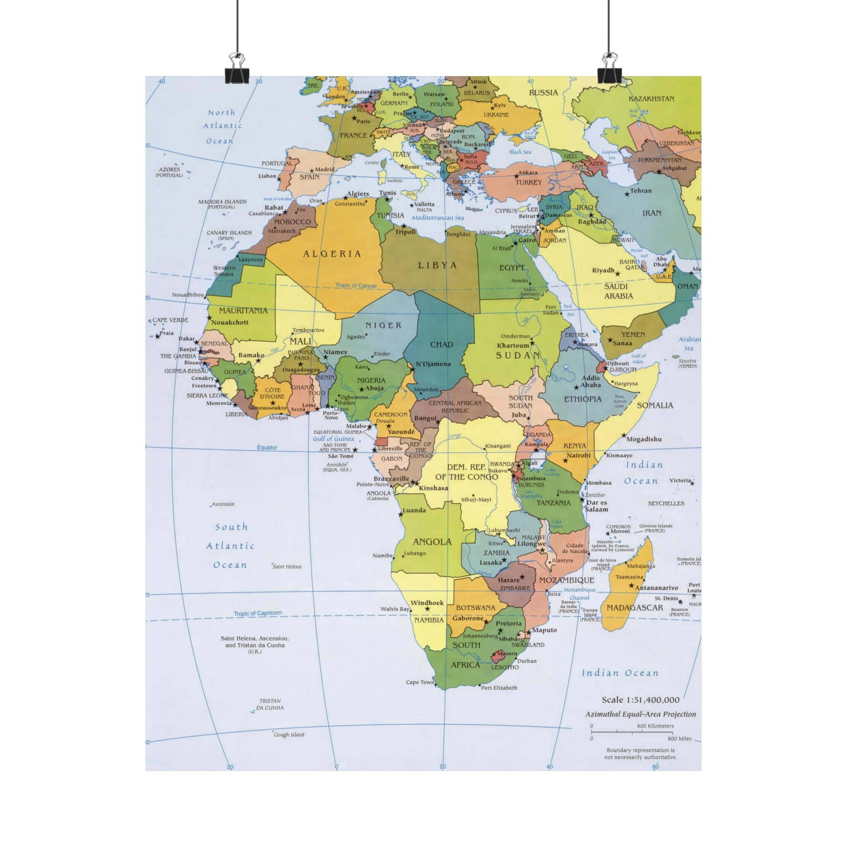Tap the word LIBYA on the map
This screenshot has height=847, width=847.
coord(438,265)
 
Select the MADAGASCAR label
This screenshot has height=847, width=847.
coord(634,608)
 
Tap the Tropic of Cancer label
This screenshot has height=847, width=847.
coord(356,285)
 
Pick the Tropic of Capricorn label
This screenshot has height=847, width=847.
coord(258,613)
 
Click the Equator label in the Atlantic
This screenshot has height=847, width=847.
coord(267,447)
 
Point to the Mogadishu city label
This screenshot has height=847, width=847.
coord(644,439)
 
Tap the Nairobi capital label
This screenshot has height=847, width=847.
coord(578,455)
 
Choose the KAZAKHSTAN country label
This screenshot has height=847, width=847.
coord(651,99)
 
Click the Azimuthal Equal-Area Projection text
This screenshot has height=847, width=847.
coord(641,715)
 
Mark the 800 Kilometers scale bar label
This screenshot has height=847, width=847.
coord(655,726)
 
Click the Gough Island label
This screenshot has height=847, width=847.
coord(289,735)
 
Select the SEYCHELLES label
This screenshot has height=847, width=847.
coord(666,503)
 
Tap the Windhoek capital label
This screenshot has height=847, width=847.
coord(427,603)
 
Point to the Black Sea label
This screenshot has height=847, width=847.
coord(520,152)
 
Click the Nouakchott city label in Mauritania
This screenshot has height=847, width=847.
coord(230,322)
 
